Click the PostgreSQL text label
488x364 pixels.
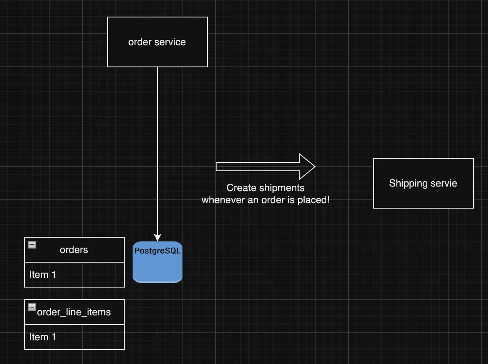(x=158, y=251)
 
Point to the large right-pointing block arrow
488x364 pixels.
(x=258, y=167)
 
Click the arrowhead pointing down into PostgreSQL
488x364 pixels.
(x=158, y=238)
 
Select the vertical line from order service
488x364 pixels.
(x=158, y=145)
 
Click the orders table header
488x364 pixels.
(x=74, y=250)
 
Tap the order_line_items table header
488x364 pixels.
(x=74, y=312)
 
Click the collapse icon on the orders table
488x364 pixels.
(x=32, y=245)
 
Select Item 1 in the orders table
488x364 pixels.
(x=42, y=275)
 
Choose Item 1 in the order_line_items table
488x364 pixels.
(x=42, y=337)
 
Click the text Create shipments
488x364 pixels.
(x=265, y=188)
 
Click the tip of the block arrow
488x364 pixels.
(x=314, y=167)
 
